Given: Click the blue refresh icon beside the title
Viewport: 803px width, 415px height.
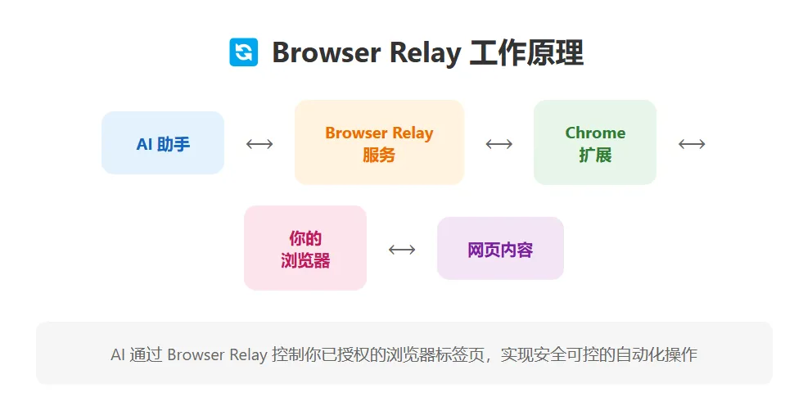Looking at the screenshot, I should click(x=243, y=52).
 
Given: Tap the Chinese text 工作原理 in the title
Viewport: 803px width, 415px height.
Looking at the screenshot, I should click(x=526, y=52).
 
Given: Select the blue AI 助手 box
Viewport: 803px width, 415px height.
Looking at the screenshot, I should click(x=163, y=143).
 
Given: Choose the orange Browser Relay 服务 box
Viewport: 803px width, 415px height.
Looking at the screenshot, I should click(x=379, y=142).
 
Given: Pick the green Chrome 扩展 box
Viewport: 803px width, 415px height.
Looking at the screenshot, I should click(x=595, y=142).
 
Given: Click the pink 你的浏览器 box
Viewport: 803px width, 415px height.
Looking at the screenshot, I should click(x=305, y=248).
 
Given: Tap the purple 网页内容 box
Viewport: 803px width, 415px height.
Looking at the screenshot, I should click(x=500, y=249).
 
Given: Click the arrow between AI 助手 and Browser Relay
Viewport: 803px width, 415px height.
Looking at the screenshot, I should click(x=259, y=144).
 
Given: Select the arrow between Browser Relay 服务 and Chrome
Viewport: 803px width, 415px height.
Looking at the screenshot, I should click(x=498, y=144).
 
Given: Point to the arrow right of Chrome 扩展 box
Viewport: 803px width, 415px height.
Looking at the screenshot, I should click(x=692, y=144).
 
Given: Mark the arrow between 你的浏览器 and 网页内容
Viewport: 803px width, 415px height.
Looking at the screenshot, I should click(x=402, y=249).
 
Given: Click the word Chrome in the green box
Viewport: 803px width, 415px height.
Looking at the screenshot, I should click(x=595, y=133).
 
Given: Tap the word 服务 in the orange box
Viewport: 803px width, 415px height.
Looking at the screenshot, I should click(x=379, y=155).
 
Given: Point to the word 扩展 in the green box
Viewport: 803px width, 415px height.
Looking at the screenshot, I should click(x=595, y=155).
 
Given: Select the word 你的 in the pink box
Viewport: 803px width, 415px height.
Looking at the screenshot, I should click(x=305, y=238).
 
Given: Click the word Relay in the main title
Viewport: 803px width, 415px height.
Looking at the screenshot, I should click(x=423, y=52).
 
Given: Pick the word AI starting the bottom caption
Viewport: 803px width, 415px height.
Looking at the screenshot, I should click(x=118, y=354).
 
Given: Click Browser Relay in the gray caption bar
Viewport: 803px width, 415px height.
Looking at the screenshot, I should click(x=217, y=354).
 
